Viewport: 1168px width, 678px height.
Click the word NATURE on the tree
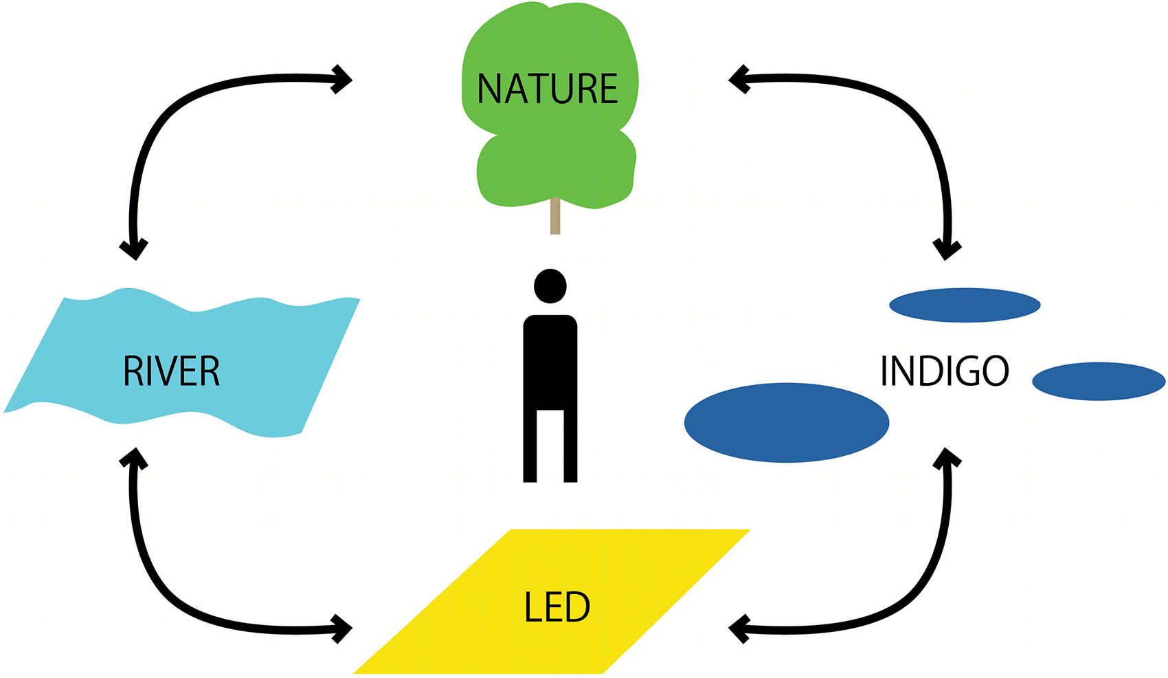[548, 89]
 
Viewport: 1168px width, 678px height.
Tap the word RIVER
[172, 371]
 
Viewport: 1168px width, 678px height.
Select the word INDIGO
[944, 371]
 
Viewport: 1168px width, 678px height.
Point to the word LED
[557, 607]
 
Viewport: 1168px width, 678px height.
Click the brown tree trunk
[555, 216]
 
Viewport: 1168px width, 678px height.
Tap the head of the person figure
[550, 286]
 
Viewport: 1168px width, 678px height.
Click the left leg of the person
[530, 446]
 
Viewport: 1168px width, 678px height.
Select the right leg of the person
[570, 446]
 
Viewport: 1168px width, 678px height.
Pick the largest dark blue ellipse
[786, 423]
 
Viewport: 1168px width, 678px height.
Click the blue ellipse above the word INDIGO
[965, 305]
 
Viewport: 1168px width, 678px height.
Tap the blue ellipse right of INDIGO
[1099, 382]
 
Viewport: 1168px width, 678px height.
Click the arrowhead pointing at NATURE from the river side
[342, 79]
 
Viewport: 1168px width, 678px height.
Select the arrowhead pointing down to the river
[134, 250]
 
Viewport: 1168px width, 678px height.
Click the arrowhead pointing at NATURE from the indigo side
[739, 79]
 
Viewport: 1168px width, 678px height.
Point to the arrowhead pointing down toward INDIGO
[947, 250]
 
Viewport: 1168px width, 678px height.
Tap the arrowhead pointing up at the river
[134, 458]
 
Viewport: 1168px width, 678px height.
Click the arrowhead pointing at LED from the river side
[342, 629]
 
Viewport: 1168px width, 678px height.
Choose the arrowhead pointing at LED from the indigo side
[739, 629]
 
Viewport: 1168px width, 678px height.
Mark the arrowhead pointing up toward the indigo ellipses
[947, 458]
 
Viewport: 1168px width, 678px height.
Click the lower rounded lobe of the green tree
[556, 170]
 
